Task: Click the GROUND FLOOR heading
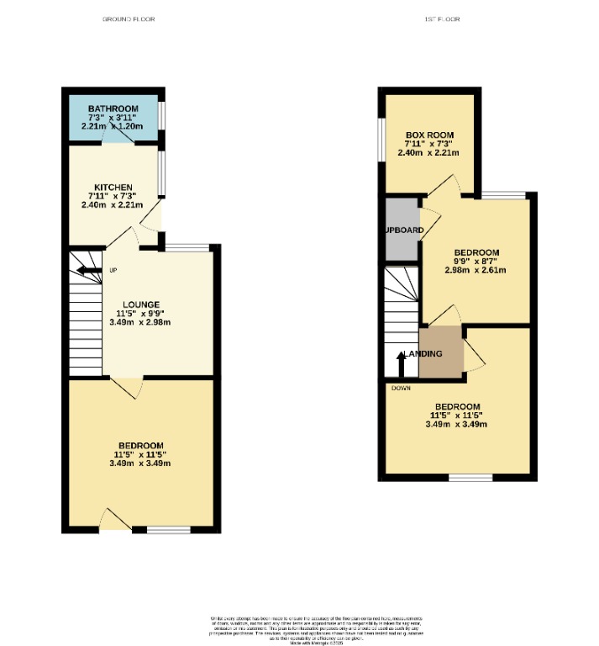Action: [x=128, y=19]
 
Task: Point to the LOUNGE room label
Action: [x=140, y=304]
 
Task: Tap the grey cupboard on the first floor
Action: [x=402, y=229]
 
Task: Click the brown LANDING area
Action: [x=441, y=354]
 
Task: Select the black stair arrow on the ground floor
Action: [x=85, y=270]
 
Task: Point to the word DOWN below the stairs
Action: [x=400, y=388]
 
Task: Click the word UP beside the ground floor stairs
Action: [x=113, y=270]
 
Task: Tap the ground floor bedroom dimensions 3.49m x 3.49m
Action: [x=140, y=463]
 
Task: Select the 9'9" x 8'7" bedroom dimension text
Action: [x=476, y=261]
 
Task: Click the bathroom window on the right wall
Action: [x=162, y=115]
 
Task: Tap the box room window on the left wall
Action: [x=381, y=138]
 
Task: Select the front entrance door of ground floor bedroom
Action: [x=115, y=519]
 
